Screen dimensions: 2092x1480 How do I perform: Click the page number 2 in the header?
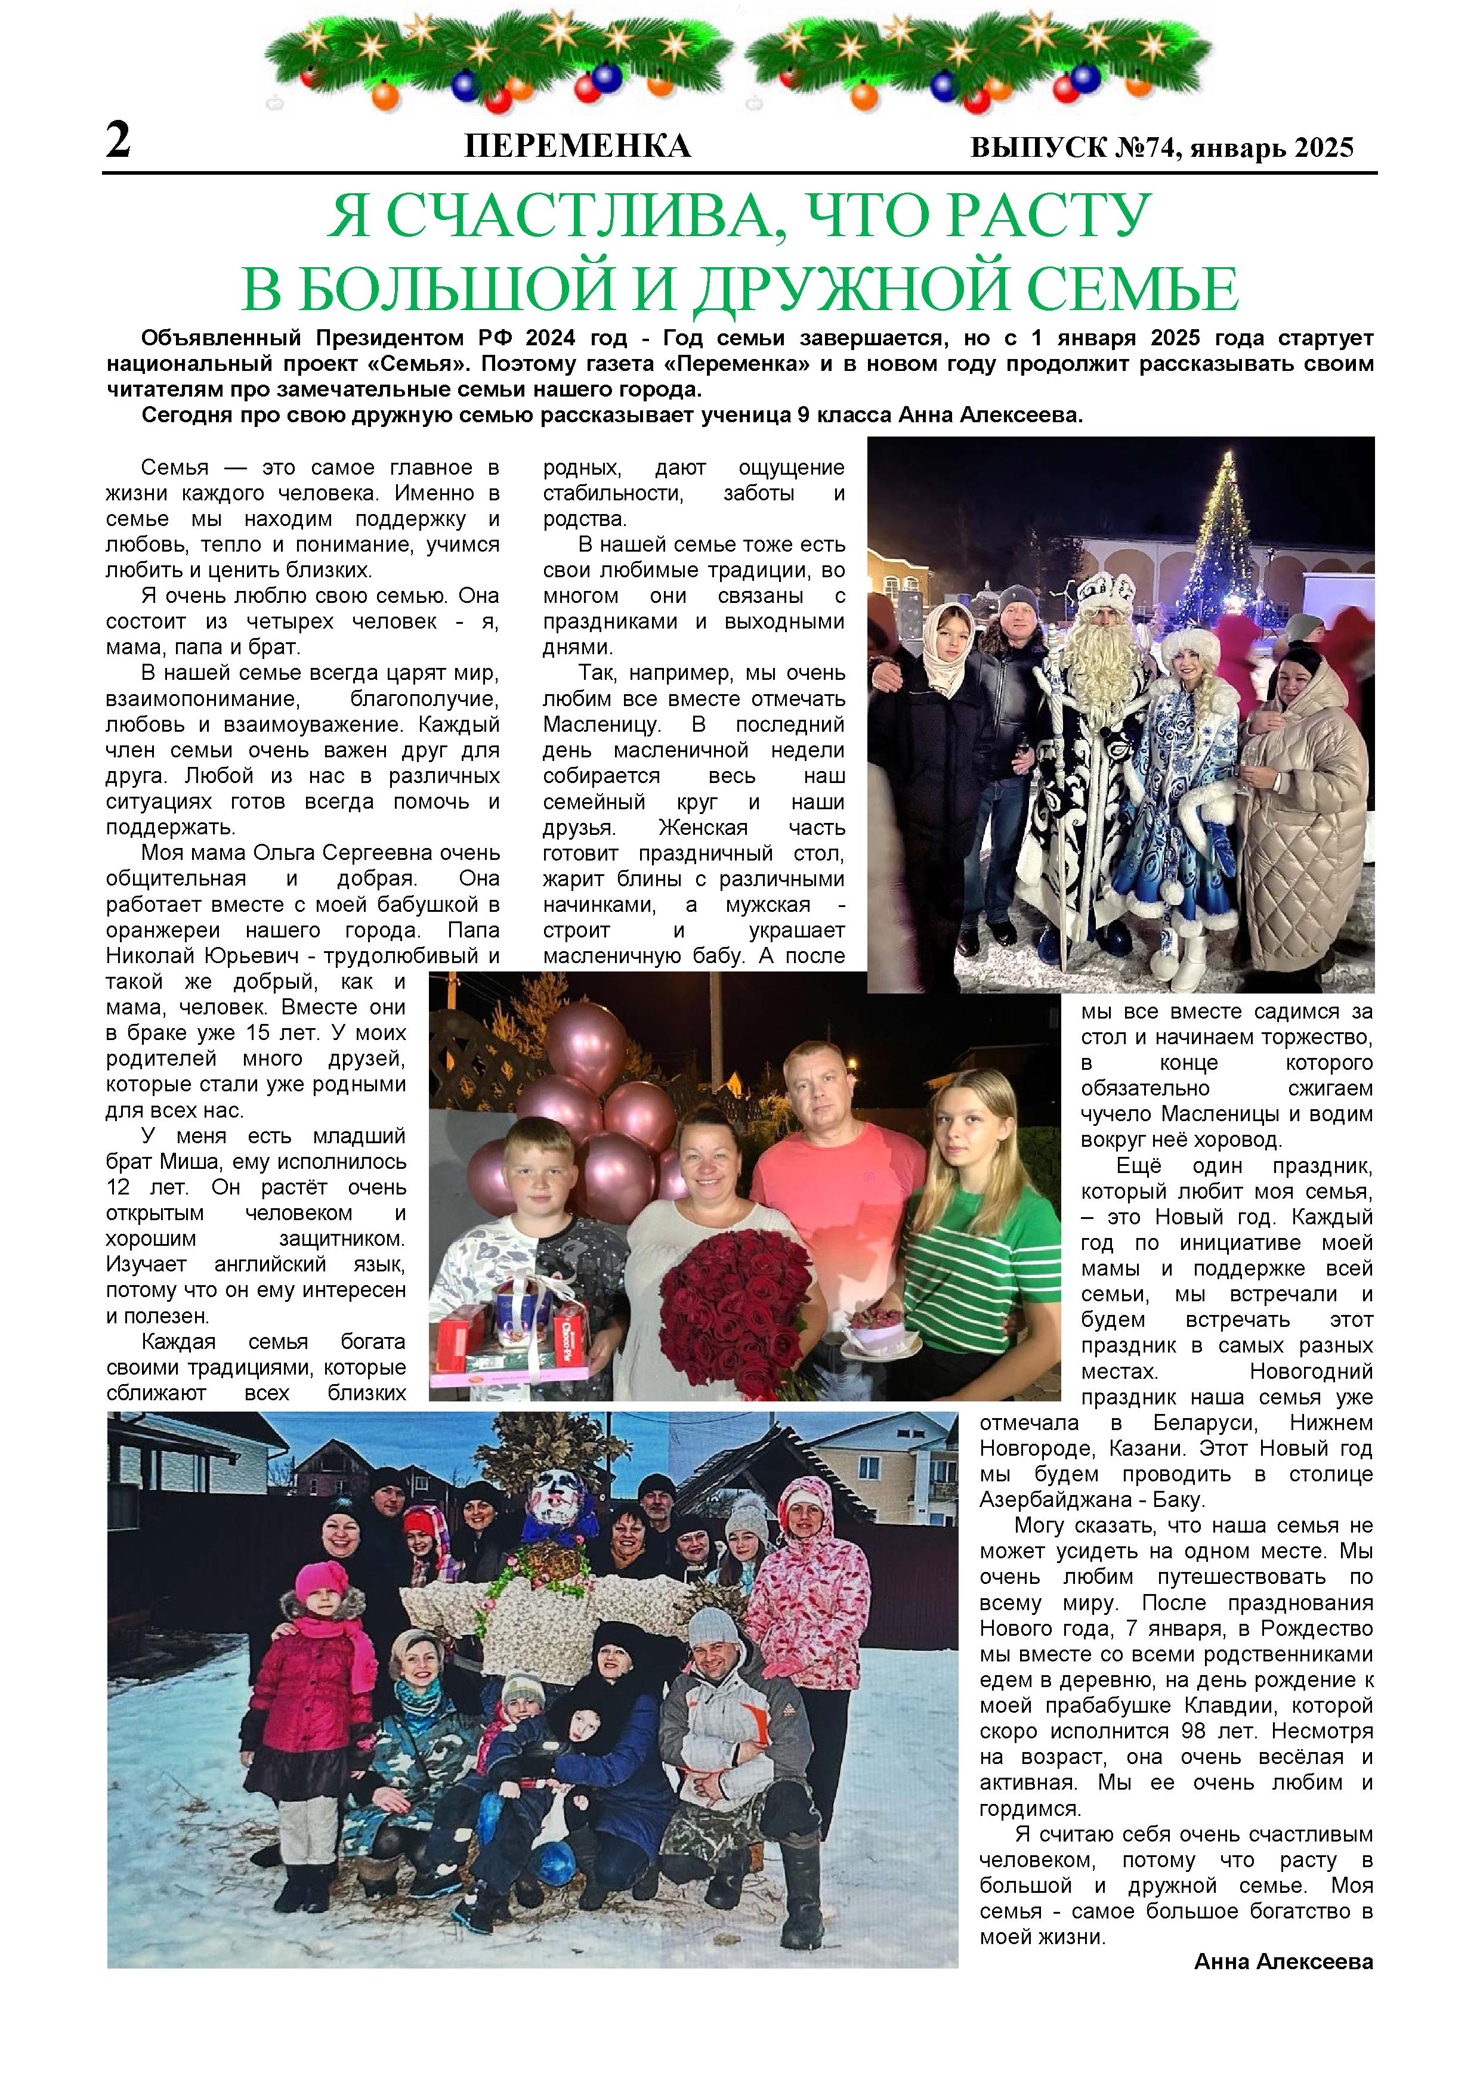pos(119,142)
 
